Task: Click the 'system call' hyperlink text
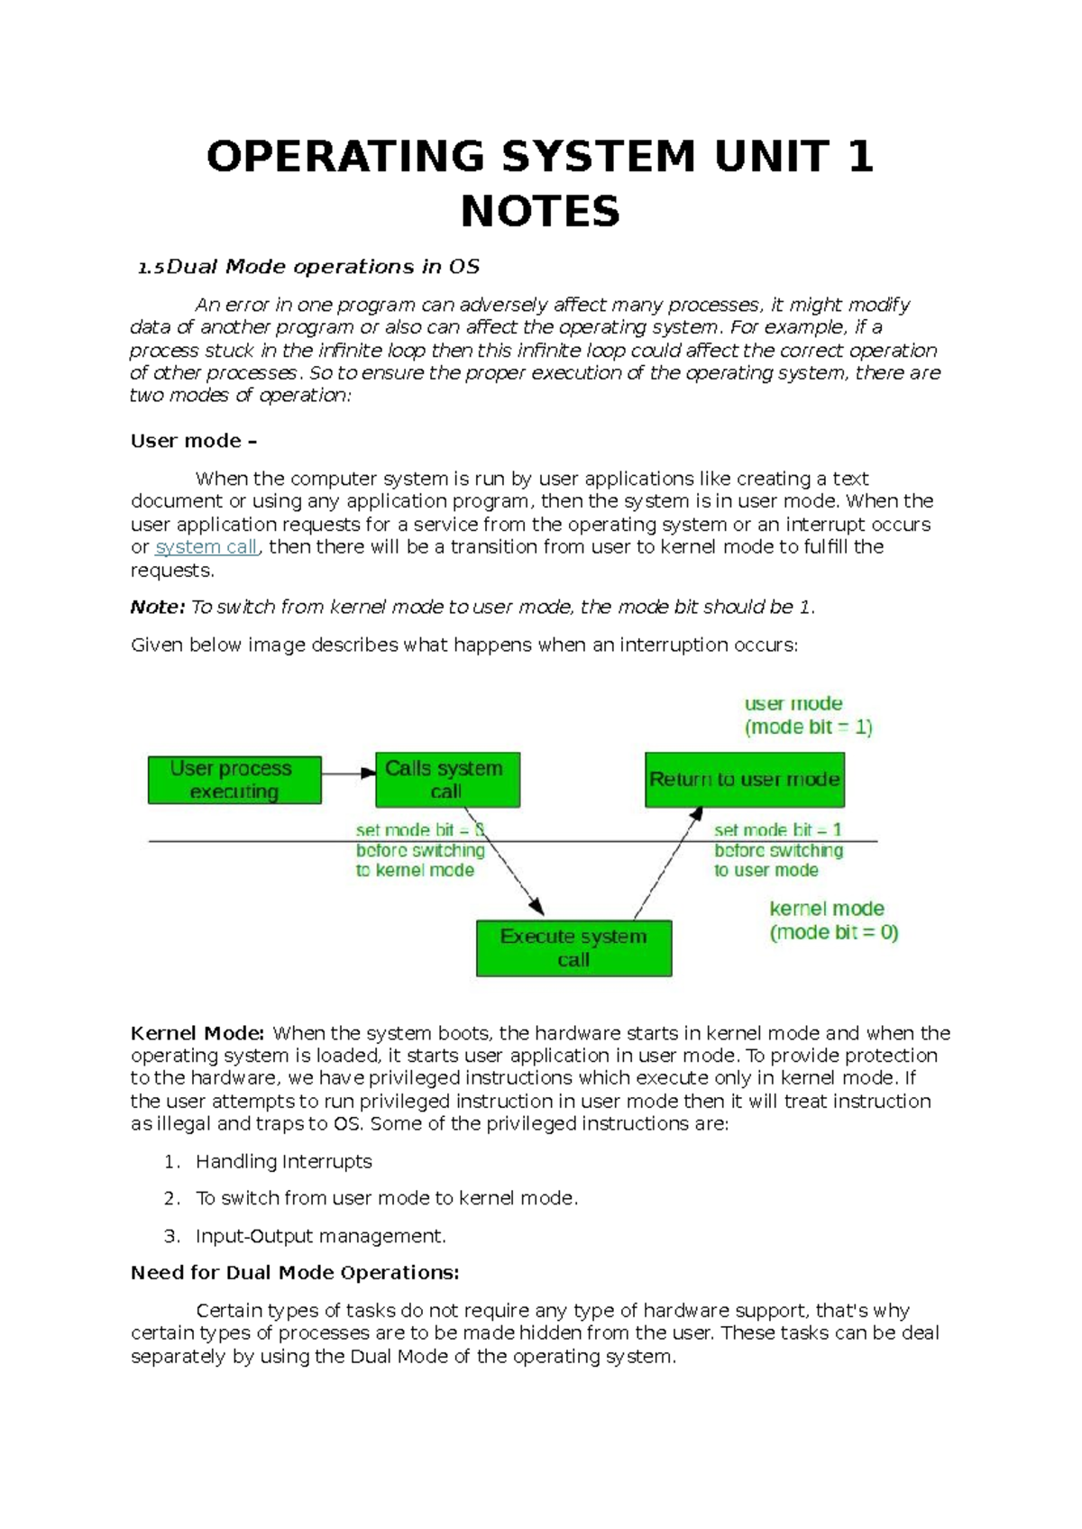point(206,547)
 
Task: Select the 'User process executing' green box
point(234,780)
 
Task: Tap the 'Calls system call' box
point(447,780)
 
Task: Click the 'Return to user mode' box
point(745,780)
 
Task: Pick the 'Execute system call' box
point(573,948)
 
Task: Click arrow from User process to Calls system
point(348,773)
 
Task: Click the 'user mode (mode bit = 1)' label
point(808,716)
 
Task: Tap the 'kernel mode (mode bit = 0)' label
point(833,920)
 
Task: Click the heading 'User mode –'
point(194,441)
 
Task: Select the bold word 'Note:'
point(157,608)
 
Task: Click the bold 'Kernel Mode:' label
point(197,1033)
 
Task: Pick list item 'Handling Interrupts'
point(283,1162)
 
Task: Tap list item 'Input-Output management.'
point(320,1236)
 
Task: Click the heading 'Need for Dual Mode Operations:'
point(295,1273)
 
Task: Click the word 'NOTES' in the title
point(540,212)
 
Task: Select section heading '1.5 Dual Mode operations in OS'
point(308,267)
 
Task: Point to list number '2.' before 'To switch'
point(172,1199)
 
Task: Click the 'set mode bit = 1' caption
point(777,829)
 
